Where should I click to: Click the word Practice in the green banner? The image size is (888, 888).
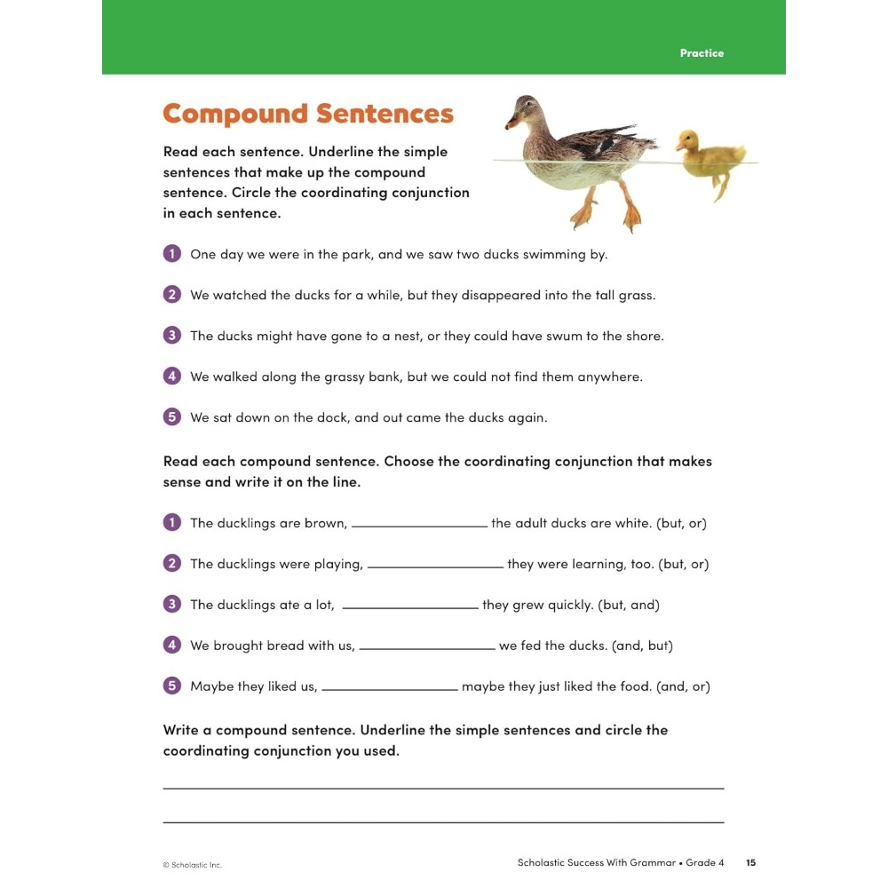pos(702,53)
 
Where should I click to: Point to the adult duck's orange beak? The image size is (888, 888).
pos(511,123)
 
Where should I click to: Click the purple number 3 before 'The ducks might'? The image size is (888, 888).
pos(172,335)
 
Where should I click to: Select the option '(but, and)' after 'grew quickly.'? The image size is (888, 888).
pos(629,605)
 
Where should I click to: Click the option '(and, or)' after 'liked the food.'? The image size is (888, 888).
pos(679,686)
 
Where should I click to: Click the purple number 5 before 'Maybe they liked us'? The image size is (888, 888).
pos(172,686)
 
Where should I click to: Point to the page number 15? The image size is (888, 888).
pos(750,862)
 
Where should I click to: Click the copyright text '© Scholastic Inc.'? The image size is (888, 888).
pos(192,865)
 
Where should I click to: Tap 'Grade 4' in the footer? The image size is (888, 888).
pos(705,862)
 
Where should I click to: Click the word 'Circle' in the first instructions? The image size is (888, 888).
pos(252,193)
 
